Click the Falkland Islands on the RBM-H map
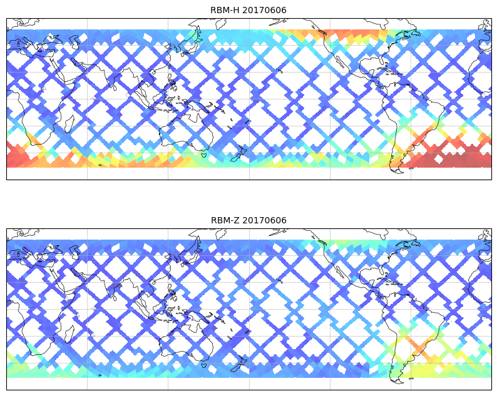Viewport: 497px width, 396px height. (411, 168)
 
